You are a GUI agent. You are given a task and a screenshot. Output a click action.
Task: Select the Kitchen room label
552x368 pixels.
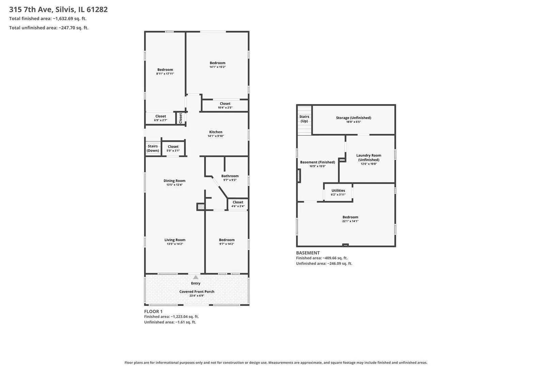click(216, 132)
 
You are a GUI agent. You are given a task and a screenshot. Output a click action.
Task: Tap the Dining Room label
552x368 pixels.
click(174, 181)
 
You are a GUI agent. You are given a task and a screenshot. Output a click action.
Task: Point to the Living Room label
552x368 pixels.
click(175, 240)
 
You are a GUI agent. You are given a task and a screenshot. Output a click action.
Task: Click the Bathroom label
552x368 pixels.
click(230, 176)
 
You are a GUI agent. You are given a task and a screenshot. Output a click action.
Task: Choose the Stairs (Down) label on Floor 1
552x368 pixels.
click(153, 148)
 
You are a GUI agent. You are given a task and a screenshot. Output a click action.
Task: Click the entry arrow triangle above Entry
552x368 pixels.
click(196, 277)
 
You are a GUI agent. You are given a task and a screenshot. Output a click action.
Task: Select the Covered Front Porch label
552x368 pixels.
click(197, 292)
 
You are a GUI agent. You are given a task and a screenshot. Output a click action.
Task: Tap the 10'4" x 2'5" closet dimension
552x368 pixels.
click(225, 107)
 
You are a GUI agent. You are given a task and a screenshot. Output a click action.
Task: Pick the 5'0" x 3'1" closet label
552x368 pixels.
click(173, 148)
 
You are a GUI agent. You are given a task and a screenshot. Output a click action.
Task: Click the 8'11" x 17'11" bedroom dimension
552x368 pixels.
click(165, 74)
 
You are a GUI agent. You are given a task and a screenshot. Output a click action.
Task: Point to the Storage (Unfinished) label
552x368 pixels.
click(353, 118)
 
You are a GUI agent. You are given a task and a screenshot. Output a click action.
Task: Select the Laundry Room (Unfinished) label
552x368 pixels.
click(369, 157)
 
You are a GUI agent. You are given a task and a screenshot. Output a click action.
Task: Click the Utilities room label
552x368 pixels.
click(338, 190)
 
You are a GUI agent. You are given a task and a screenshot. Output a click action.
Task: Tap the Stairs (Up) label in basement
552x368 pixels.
click(304, 119)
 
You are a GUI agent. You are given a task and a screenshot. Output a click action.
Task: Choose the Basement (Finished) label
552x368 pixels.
click(318, 162)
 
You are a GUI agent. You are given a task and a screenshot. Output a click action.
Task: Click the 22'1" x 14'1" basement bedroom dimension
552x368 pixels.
click(350, 221)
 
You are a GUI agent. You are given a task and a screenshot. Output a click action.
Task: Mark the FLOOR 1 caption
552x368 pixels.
click(153, 311)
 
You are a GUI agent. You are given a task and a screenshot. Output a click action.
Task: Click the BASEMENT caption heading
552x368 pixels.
click(308, 252)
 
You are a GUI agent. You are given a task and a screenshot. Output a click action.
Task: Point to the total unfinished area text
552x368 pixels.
click(49, 28)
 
